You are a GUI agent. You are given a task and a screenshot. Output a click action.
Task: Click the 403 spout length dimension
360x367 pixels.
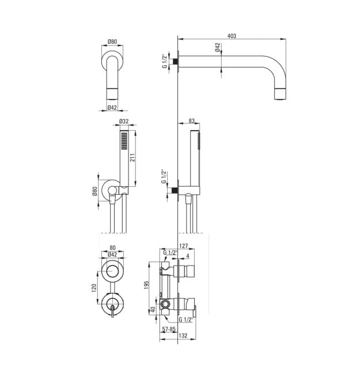tap(232, 36)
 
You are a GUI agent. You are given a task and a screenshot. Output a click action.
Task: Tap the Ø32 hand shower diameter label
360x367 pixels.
tap(124, 121)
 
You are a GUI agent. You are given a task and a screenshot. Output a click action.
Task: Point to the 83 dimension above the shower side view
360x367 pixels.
tap(191, 121)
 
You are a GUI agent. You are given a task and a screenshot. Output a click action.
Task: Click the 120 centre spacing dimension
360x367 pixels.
tap(94, 288)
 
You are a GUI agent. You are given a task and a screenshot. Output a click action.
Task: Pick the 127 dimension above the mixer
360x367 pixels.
tap(184, 246)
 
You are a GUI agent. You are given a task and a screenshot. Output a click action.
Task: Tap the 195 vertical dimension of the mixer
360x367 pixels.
tap(146, 285)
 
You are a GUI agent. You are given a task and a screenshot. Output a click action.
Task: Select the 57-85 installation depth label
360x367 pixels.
tap(169, 329)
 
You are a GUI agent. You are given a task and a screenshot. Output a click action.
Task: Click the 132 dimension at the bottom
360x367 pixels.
tap(183, 335)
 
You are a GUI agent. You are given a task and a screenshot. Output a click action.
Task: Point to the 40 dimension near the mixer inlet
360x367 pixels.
tap(153, 309)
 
